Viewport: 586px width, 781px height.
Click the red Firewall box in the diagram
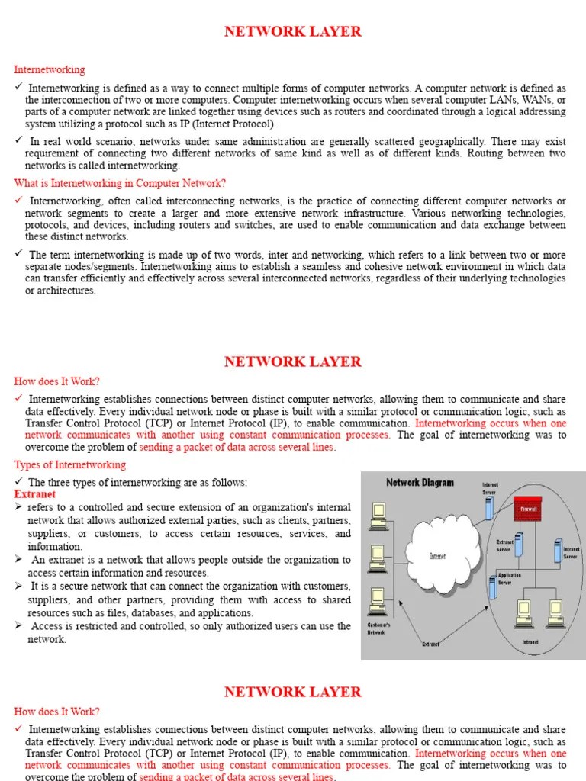[528, 509]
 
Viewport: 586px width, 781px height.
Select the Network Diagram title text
[420, 482]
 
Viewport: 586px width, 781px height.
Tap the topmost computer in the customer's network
[377, 516]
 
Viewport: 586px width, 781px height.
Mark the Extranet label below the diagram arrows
[431, 644]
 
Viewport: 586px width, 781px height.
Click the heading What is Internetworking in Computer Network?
[120, 183]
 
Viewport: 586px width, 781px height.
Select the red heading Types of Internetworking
[70, 464]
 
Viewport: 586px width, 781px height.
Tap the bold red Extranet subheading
[35, 494]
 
